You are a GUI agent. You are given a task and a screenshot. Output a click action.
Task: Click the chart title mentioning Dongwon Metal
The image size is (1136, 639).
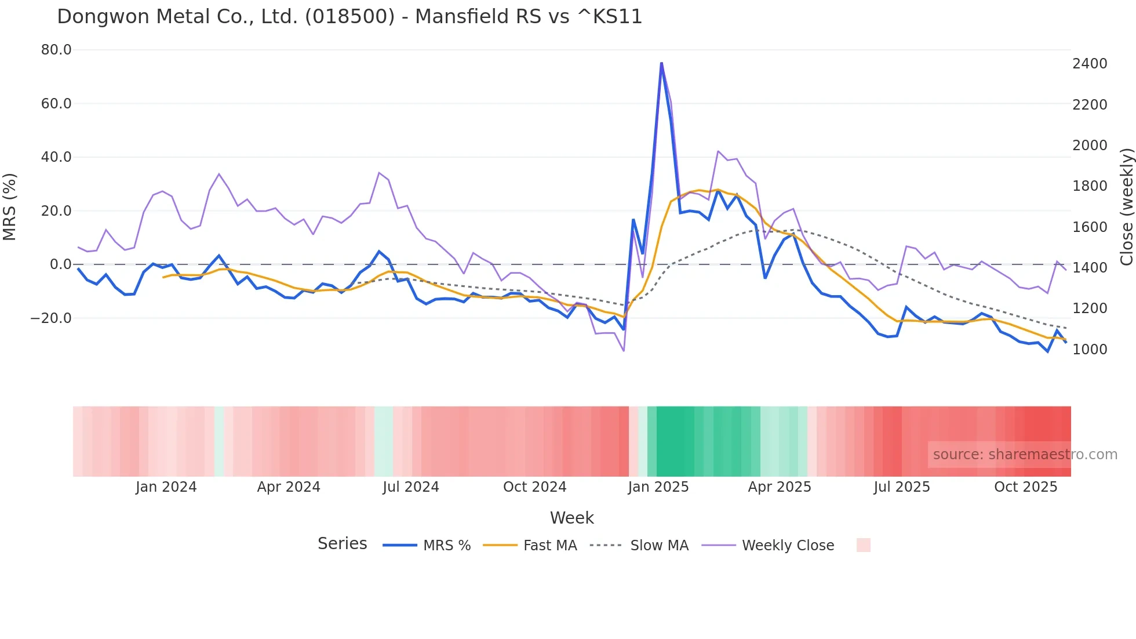click(x=349, y=16)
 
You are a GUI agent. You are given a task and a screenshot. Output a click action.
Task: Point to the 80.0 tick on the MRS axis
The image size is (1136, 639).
click(x=56, y=50)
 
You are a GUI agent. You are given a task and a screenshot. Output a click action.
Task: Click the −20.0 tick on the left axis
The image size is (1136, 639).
click(x=51, y=318)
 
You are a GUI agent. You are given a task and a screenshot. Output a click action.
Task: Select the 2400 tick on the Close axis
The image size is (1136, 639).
click(x=1090, y=64)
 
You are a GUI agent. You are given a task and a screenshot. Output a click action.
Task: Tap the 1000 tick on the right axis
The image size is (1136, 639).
click(x=1090, y=349)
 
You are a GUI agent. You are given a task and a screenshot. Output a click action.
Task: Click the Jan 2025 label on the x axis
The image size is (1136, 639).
click(x=658, y=487)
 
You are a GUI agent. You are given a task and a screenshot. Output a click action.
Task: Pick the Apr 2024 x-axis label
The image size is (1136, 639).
click(x=289, y=487)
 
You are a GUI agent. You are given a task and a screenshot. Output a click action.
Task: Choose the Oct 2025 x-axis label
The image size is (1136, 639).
click(x=1025, y=487)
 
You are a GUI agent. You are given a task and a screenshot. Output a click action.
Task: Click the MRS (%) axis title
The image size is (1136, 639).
click(x=10, y=206)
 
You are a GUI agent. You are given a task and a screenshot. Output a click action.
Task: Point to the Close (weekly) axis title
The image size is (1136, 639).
click(x=1126, y=206)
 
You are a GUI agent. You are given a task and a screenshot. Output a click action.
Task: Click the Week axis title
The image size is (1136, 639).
click(x=571, y=518)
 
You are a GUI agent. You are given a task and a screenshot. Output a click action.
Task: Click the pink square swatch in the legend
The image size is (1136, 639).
click(x=863, y=545)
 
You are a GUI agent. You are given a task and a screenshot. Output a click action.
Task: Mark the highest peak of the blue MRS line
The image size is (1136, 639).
click(x=661, y=63)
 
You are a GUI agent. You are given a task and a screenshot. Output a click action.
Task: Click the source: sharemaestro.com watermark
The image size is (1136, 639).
click(x=1025, y=455)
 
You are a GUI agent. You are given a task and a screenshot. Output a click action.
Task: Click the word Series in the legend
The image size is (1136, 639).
click(x=342, y=544)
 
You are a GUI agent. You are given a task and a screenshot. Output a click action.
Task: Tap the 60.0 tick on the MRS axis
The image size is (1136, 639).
click(x=56, y=104)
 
